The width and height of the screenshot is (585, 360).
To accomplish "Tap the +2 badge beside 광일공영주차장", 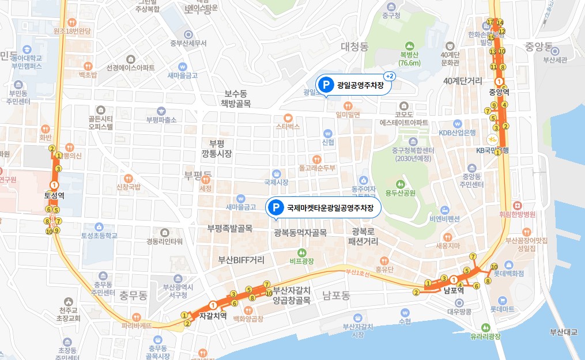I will pos(389,76).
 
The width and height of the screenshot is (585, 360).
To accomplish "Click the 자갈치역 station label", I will pos(213,316).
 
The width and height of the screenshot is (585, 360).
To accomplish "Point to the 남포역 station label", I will pos(454,291).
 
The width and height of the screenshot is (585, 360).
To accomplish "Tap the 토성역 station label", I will pos(54,195).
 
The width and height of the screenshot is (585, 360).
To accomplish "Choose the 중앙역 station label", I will pos(499,92).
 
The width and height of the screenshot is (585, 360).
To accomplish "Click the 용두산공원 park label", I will pos(400,192).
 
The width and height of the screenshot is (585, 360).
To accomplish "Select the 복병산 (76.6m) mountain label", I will pos(409,59).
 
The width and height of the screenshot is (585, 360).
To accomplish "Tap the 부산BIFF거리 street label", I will pos(241,259).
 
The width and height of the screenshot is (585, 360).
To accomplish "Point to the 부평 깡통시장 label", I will pos(216,149).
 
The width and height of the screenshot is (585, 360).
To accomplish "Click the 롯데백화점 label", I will pos(508,274).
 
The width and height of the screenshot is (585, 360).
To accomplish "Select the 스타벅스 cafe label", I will pos(288,126).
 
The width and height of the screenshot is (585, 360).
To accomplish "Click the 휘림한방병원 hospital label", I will pos(518,214).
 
